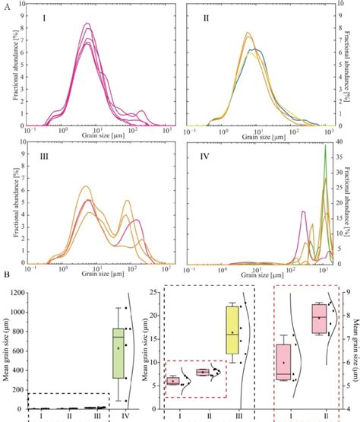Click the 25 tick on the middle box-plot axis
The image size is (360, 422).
point(154,292)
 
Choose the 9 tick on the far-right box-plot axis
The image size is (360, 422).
point(346,292)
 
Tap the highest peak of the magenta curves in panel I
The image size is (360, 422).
point(87,24)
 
